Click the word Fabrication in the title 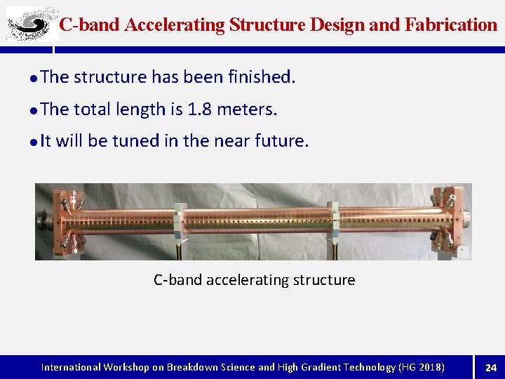point(451,25)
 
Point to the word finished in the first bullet point(260,77)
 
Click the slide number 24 point(490,367)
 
